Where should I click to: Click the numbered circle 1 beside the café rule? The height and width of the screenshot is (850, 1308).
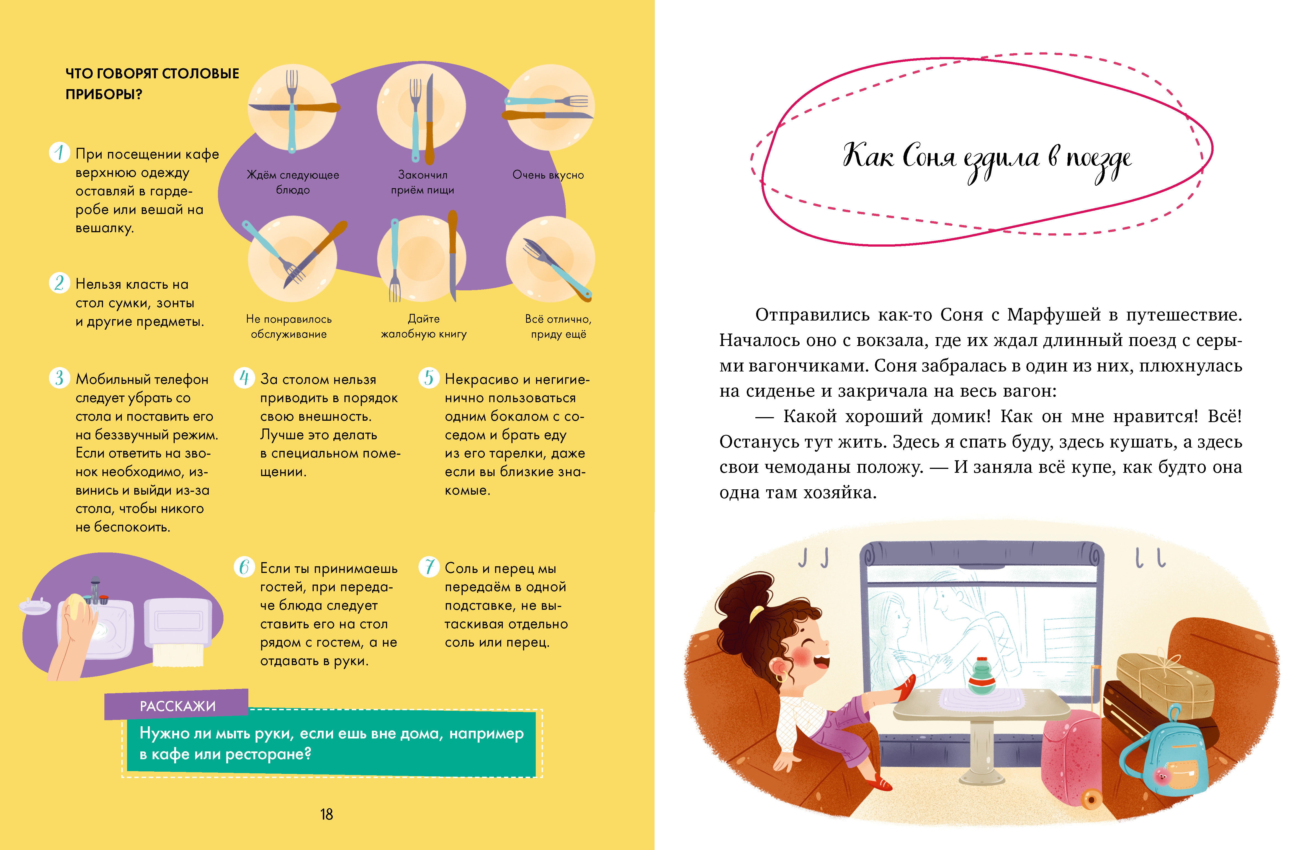pos(59,152)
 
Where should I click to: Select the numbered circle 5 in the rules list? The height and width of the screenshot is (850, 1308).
pos(429,378)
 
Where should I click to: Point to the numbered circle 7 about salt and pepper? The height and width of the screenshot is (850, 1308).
pos(429,567)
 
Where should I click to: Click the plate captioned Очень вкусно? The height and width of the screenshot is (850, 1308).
pos(550,107)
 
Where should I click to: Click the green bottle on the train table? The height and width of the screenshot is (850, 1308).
pos(982,676)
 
